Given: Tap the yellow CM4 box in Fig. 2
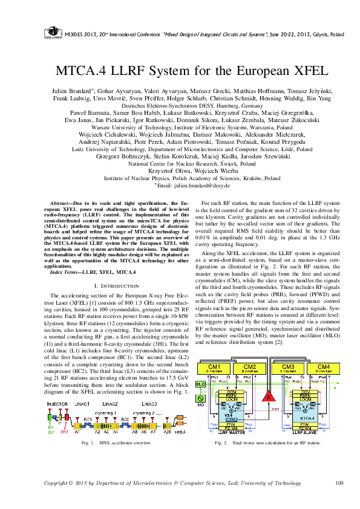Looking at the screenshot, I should pos(323,368).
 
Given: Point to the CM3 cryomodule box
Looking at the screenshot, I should pos(289,368).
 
